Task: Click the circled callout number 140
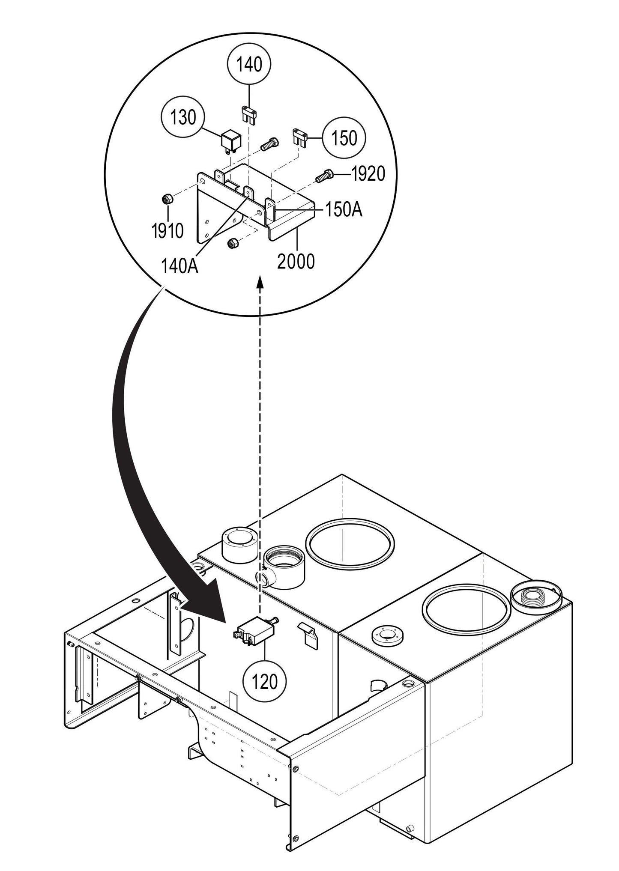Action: tap(250, 65)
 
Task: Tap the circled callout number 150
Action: tap(344, 138)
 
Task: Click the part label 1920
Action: tap(368, 174)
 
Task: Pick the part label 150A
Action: tap(344, 210)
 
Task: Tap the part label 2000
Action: tap(296, 261)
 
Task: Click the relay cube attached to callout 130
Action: tap(230, 141)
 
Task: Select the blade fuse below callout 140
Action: tap(249, 115)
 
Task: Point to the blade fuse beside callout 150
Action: tap(300, 137)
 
